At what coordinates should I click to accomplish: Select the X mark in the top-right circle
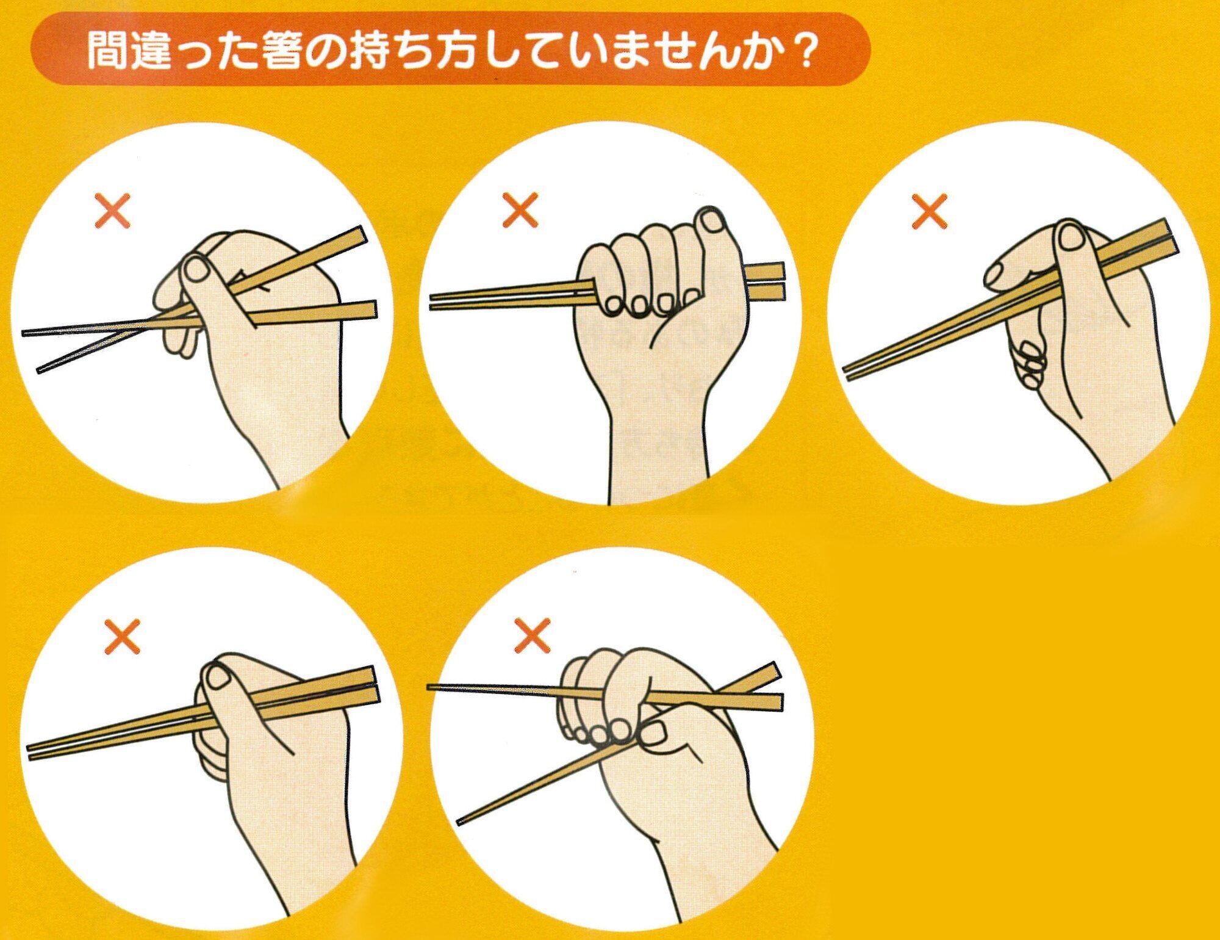929,211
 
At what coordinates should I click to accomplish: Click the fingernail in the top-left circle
196,269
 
